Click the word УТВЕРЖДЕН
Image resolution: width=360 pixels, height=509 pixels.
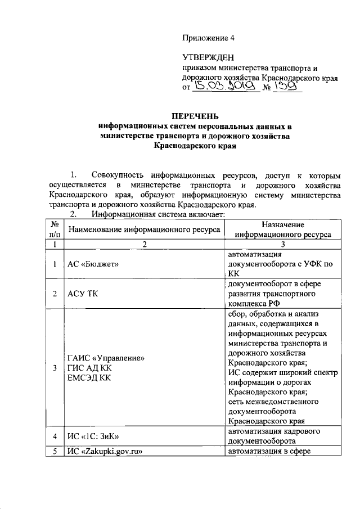click(x=206, y=57)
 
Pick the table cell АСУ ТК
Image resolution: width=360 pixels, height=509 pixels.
click(x=83, y=294)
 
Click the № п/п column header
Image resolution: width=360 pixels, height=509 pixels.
click(x=55, y=229)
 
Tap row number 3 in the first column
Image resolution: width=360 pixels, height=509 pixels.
click(x=55, y=368)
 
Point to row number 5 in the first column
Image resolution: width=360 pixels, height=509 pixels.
click(x=55, y=452)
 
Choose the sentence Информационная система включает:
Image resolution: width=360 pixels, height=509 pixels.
click(x=159, y=214)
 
